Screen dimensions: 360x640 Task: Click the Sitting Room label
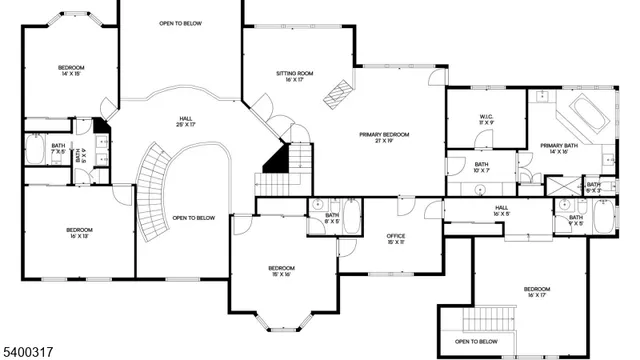pos(295,76)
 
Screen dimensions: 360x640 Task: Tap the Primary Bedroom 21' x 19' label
pos(384,138)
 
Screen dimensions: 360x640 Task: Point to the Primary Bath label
pos(560,149)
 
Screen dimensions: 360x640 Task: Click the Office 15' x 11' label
pos(396,239)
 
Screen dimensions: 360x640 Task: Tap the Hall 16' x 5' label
pos(501,211)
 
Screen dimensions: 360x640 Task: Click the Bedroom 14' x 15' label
pos(71,70)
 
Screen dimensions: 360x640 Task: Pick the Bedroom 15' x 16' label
pos(281,272)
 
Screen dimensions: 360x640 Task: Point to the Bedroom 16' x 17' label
pos(536,292)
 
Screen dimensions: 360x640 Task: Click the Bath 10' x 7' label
pos(481,167)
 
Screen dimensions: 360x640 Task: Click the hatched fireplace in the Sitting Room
pos(338,92)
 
